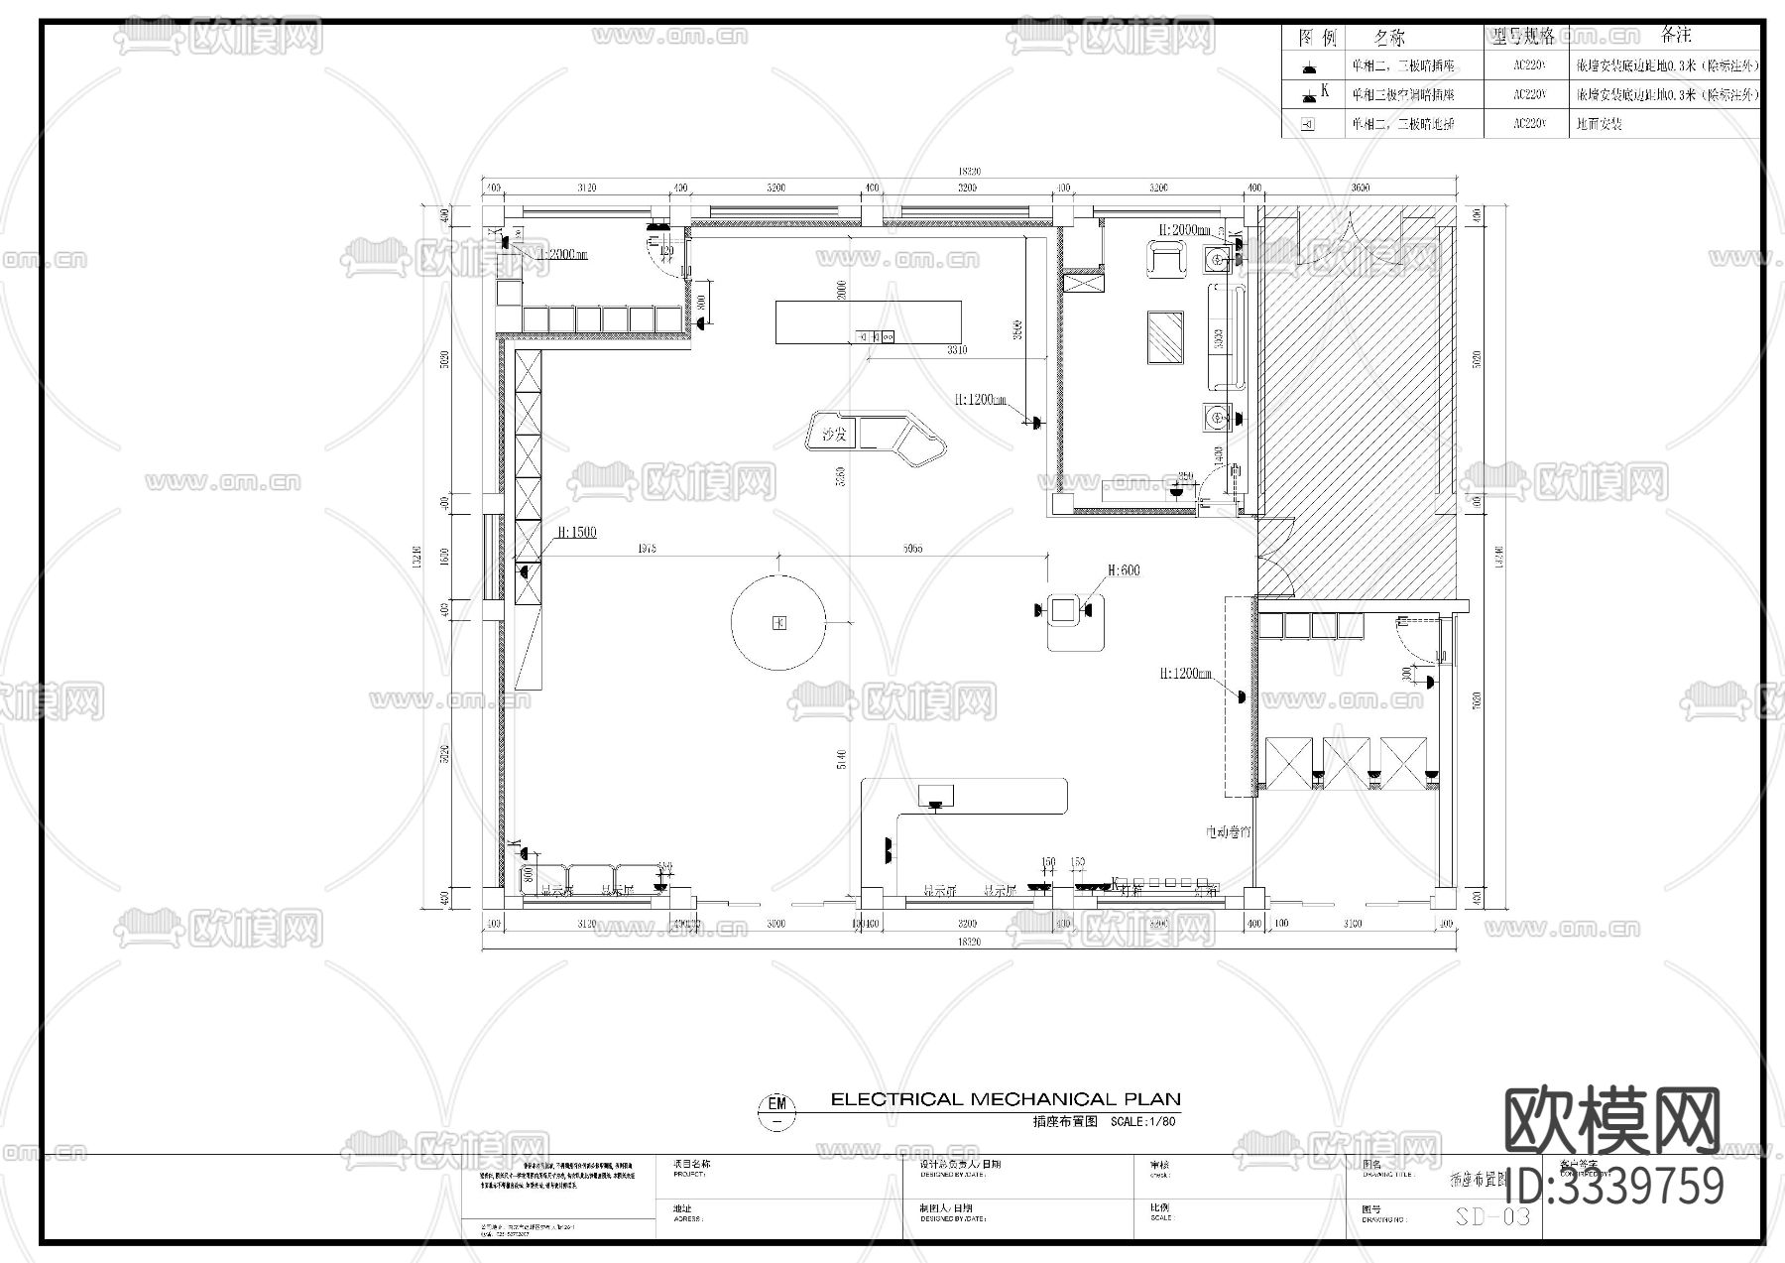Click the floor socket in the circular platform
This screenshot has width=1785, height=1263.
(779, 623)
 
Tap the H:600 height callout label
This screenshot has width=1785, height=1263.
(1124, 570)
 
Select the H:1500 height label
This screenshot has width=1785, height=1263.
(576, 533)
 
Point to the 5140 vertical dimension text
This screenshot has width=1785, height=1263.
(842, 759)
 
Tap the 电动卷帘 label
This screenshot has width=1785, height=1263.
(1227, 831)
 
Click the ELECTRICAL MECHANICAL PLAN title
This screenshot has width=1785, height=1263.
(1005, 1099)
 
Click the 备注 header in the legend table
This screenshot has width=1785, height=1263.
(1675, 36)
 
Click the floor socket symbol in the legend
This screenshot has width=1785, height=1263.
(1307, 125)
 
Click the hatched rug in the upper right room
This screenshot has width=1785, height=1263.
(1165, 337)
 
